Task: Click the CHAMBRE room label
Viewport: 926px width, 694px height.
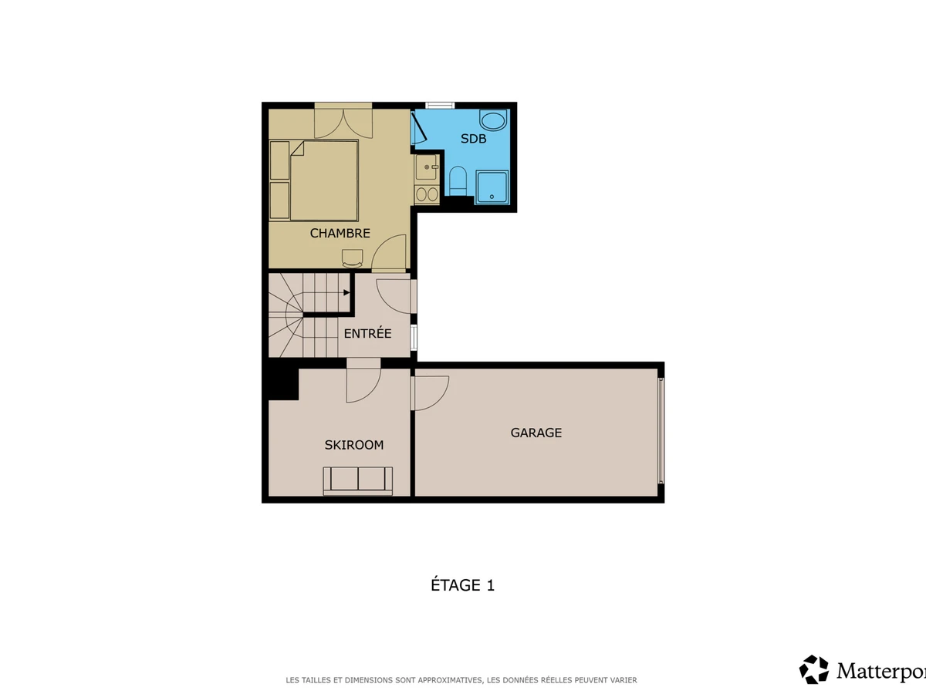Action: click(x=340, y=233)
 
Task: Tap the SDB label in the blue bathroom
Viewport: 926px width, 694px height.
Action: click(x=473, y=139)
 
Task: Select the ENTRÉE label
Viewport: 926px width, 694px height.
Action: click(x=367, y=333)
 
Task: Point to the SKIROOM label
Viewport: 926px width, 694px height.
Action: click(x=354, y=445)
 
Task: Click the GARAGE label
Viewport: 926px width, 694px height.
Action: click(x=536, y=433)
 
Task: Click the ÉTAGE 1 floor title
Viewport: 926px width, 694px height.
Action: click(x=462, y=585)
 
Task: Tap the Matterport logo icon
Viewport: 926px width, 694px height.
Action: click(x=814, y=669)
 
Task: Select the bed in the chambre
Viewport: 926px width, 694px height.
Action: click(x=324, y=180)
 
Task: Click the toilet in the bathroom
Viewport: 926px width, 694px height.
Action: click(x=458, y=180)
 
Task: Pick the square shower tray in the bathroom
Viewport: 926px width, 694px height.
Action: click(x=492, y=187)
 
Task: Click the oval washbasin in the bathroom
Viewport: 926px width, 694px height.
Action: click(x=493, y=121)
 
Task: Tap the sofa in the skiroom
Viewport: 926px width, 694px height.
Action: click(x=358, y=480)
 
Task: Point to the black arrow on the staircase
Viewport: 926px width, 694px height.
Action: click(x=346, y=292)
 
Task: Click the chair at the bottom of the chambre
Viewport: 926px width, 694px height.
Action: click(x=352, y=258)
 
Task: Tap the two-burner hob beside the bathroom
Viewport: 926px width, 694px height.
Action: click(x=427, y=194)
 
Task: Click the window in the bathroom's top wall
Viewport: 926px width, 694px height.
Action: click(x=440, y=106)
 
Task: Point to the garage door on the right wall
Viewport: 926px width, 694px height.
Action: click(x=661, y=430)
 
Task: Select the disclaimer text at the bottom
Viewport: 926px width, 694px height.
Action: click(x=461, y=680)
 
